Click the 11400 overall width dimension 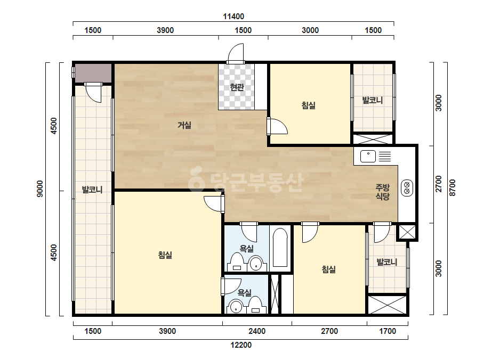(233, 17)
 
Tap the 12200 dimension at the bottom (241, 345)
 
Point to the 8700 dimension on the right (452, 188)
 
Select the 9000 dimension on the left (40, 189)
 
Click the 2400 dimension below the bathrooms (257, 331)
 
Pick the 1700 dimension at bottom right (388, 331)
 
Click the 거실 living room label (184, 125)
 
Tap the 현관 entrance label (237, 87)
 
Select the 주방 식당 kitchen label (383, 192)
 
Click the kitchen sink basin (368, 156)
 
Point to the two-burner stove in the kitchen (407, 188)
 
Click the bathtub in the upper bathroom (280, 248)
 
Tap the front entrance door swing (236, 53)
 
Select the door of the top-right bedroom (277, 126)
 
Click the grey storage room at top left (93, 73)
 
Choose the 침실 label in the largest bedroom (165, 255)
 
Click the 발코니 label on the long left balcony (92, 190)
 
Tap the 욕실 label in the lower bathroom (245, 292)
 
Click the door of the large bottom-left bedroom (214, 203)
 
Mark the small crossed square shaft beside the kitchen (407, 232)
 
